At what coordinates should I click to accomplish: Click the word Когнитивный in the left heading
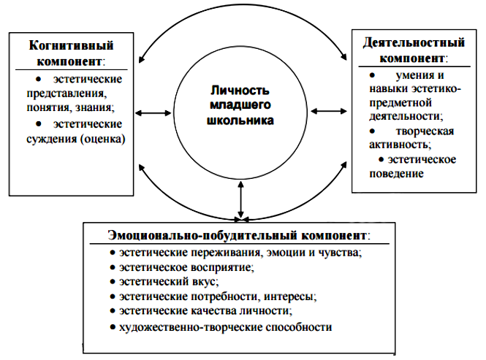click(x=72, y=45)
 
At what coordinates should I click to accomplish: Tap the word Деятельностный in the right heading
click(x=414, y=42)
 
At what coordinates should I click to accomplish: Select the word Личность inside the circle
click(x=240, y=91)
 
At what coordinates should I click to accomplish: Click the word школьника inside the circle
click(x=240, y=120)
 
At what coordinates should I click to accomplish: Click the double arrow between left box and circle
click(x=153, y=113)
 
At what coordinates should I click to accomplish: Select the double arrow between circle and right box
click(x=329, y=111)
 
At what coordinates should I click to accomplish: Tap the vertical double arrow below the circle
click(x=241, y=200)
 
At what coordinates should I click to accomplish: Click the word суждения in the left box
click(x=51, y=139)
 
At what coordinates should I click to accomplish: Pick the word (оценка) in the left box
click(x=102, y=139)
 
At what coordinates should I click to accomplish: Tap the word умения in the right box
click(x=411, y=75)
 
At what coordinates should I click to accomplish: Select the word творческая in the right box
click(x=425, y=131)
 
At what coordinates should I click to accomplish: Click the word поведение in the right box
click(x=396, y=174)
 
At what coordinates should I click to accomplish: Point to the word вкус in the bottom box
click(x=205, y=282)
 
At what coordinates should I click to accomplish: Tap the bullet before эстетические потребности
click(x=113, y=296)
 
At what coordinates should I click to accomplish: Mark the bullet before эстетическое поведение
click(x=381, y=159)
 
